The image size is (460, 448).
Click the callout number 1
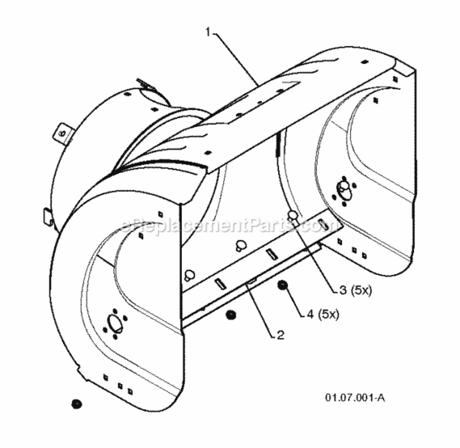(x=208, y=32)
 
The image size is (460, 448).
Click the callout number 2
(x=280, y=335)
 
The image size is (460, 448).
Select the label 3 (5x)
(x=355, y=290)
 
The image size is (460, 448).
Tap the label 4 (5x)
(x=323, y=314)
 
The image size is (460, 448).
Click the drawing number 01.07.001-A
(x=355, y=398)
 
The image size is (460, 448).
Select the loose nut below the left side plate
(x=76, y=404)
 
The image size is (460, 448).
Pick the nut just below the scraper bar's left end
(x=231, y=315)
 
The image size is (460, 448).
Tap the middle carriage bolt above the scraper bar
(x=241, y=246)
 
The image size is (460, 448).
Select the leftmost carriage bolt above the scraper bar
(x=189, y=275)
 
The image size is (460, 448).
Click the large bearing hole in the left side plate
(x=115, y=323)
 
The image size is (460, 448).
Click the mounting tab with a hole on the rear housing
(x=63, y=134)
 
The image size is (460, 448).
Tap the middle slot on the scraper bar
(x=271, y=254)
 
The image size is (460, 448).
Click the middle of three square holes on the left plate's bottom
(x=120, y=386)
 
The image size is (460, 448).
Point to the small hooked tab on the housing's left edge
(x=48, y=216)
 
